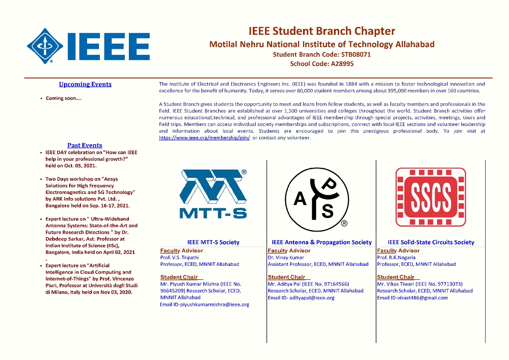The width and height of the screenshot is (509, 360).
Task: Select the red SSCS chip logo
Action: [x=430, y=197]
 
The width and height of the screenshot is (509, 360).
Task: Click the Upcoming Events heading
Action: [x=85, y=85]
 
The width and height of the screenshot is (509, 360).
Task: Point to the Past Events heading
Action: [x=85, y=145]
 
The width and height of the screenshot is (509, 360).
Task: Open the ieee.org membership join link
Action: [x=204, y=138]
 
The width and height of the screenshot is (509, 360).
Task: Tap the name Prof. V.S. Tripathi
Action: [x=179, y=258]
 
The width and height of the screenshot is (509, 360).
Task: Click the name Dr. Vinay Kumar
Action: [x=286, y=258]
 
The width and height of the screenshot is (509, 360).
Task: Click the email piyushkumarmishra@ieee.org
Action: [x=213, y=305]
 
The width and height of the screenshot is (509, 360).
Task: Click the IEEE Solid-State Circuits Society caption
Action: [x=431, y=242]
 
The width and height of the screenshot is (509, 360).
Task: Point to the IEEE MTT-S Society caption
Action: [x=213, y=242]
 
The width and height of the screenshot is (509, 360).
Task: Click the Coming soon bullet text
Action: [x=64, y=98]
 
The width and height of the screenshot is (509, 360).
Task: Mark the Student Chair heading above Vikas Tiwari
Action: [x=396, y=277]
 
